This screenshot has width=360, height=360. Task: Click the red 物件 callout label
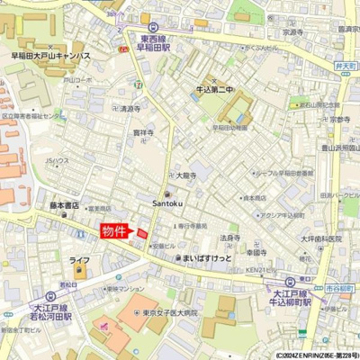[x=114, y=232]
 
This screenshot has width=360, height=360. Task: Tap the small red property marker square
[x=141, y=234]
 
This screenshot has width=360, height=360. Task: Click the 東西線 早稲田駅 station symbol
[x=154, y=27]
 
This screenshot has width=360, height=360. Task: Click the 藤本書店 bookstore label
[x=66, y=205]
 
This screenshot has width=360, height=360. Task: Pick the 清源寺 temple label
[x=131, y=108]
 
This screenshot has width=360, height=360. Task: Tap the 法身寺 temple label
[x=230, y=238]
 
